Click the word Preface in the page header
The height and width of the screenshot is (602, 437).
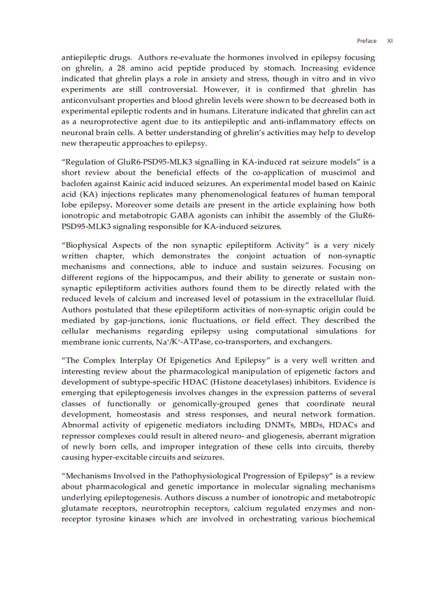click(x=366, y=41)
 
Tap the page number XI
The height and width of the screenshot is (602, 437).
click(x=390, y=41)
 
